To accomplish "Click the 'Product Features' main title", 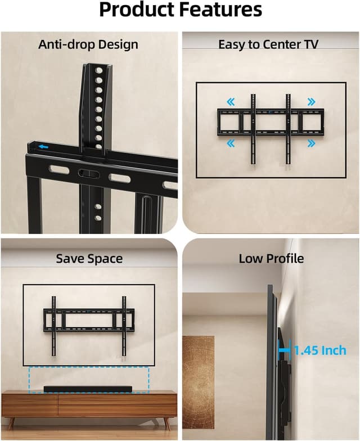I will [x=180, y=10].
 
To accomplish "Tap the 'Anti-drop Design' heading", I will [x=88, y=44].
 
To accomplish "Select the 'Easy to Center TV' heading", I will [x=268, y=44].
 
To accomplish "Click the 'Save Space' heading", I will [x=89, y=259].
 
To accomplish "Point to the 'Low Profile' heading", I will [x=271, y=259].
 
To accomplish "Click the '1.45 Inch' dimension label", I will [x=320, y=350].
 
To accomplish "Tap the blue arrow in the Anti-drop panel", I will [x=43, y=148].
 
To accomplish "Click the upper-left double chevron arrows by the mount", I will [x=231, y=102].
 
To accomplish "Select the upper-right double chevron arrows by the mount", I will [x=311, y=102].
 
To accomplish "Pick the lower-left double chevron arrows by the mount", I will [x=231, y=144].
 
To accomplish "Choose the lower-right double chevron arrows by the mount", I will [x=311, y=144].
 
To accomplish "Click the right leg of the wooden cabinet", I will [x=167, y=422].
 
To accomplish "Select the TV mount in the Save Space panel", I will [x=89, y=321].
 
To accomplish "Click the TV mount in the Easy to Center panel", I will [x=271, y=123].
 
